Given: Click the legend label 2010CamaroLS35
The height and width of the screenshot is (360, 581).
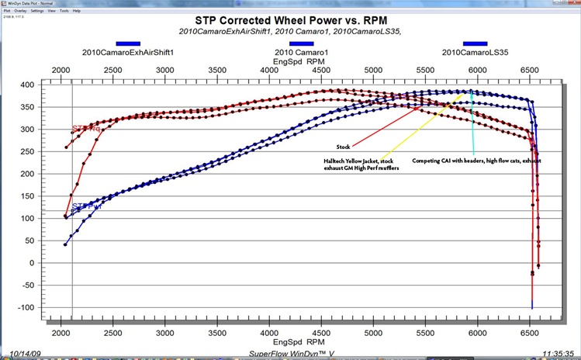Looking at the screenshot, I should point(474,52).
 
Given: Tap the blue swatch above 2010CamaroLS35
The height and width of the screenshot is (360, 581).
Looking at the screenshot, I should point(475,43).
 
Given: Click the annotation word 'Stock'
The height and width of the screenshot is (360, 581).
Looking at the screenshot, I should point(344,145).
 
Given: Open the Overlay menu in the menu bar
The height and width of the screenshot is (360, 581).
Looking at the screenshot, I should point(19,11).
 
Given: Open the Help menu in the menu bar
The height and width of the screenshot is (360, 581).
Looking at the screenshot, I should point(77,11).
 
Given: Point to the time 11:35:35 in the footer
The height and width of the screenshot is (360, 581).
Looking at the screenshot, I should point(553,352).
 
